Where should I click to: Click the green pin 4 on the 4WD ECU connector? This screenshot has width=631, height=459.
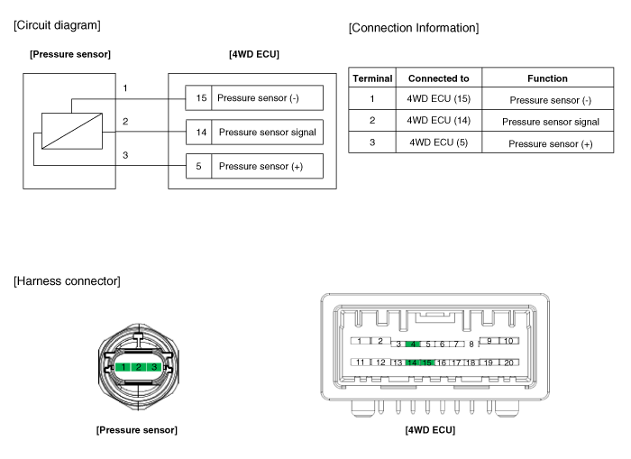[x=414, y=344]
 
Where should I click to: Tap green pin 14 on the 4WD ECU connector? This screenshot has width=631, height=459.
[x=411, y=363]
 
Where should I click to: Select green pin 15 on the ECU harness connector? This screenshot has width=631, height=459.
[x=426, y=363]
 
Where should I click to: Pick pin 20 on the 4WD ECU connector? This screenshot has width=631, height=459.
[x=508, y=363]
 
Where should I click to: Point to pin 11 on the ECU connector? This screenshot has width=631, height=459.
[x=361, y=363]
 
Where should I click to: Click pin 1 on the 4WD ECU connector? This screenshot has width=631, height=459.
[x=360, y=341]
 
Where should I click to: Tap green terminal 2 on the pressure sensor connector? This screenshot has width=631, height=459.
[x=138, y=367]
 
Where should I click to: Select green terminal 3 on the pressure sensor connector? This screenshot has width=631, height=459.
[x=154, y=367]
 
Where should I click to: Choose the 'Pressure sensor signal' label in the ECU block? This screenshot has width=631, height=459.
[x=267, y=132]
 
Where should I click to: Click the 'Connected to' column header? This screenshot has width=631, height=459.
[x=438, y=78]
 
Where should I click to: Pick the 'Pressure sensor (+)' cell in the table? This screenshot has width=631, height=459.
[x=550, y=143]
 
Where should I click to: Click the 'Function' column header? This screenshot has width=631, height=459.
[x=547, y=78]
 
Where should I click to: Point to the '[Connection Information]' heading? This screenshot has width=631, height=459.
[x=413, y=29]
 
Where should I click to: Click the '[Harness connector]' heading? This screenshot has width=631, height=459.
[x=67, y=281]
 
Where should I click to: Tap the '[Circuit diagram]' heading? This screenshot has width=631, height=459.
[x=57, y=23]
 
